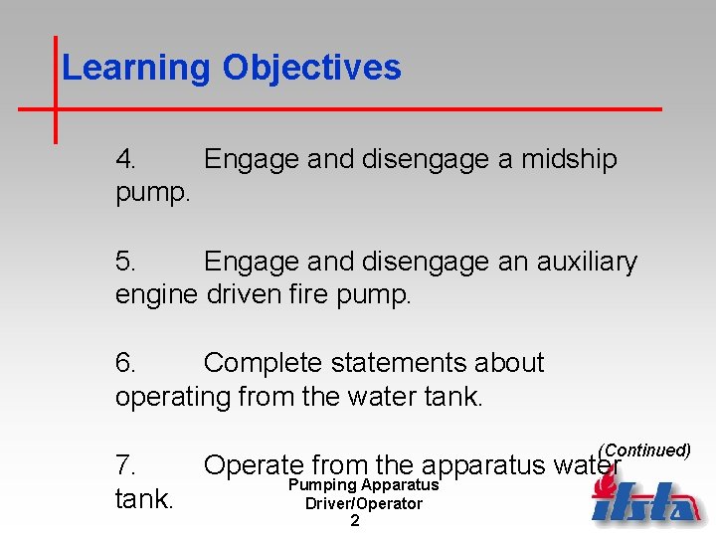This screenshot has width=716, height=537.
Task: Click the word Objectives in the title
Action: point(312,68)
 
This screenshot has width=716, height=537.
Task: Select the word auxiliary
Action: point(587,262)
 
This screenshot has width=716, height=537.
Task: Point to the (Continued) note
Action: point(644,450)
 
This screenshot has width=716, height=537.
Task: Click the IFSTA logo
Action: point(645,498)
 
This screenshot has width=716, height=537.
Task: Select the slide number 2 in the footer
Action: point(355,520)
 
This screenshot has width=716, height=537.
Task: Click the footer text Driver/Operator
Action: point(363,503)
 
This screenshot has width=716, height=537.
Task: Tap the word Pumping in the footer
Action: point(322,485)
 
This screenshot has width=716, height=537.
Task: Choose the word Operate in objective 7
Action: point(253,465)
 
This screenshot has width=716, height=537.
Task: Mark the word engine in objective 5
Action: point(157,295)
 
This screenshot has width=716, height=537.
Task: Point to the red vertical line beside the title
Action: point(55,89)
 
